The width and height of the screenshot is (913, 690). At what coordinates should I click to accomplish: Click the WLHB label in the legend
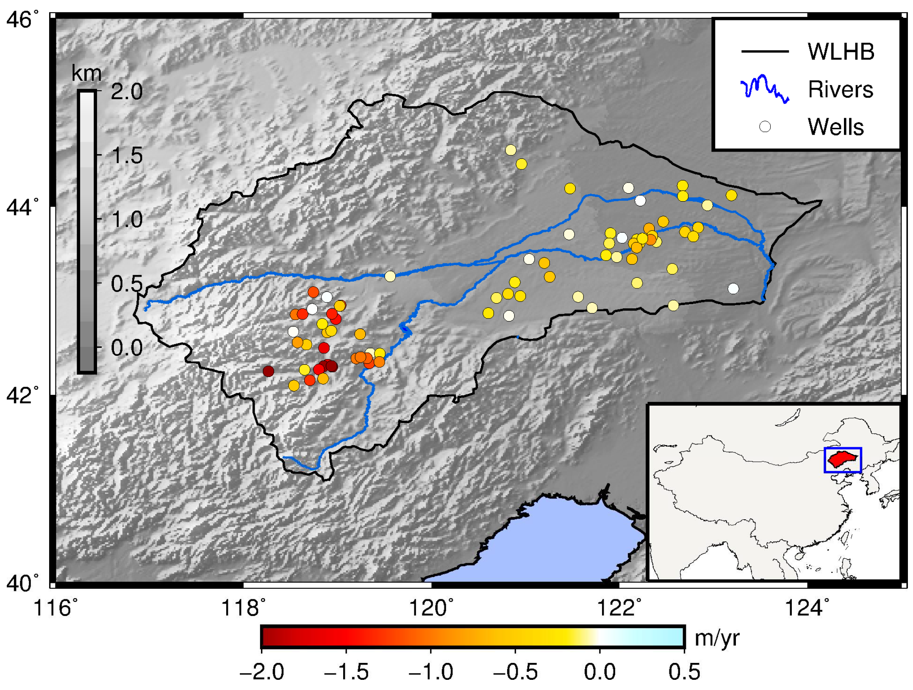pos(841,52)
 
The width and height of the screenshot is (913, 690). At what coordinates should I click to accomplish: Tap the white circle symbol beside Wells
pos(765,126)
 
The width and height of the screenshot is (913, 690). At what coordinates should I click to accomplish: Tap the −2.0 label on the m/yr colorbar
pos(261,672)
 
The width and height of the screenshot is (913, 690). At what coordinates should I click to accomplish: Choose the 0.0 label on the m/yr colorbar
pos(599,672)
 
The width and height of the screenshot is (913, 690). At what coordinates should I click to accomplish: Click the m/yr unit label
pos(717,638)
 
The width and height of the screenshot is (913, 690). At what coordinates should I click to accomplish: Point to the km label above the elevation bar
pos(86,73)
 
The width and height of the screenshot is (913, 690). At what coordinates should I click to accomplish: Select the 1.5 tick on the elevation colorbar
pos(127,155)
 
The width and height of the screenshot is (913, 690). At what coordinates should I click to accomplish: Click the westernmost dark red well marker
pos(268,371)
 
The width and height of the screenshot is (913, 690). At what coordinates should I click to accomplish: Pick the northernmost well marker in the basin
pos(511,150)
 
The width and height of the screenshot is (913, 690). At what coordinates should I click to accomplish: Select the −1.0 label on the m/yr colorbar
pos(430,672)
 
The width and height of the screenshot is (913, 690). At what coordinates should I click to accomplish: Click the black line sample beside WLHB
pos(765,52)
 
